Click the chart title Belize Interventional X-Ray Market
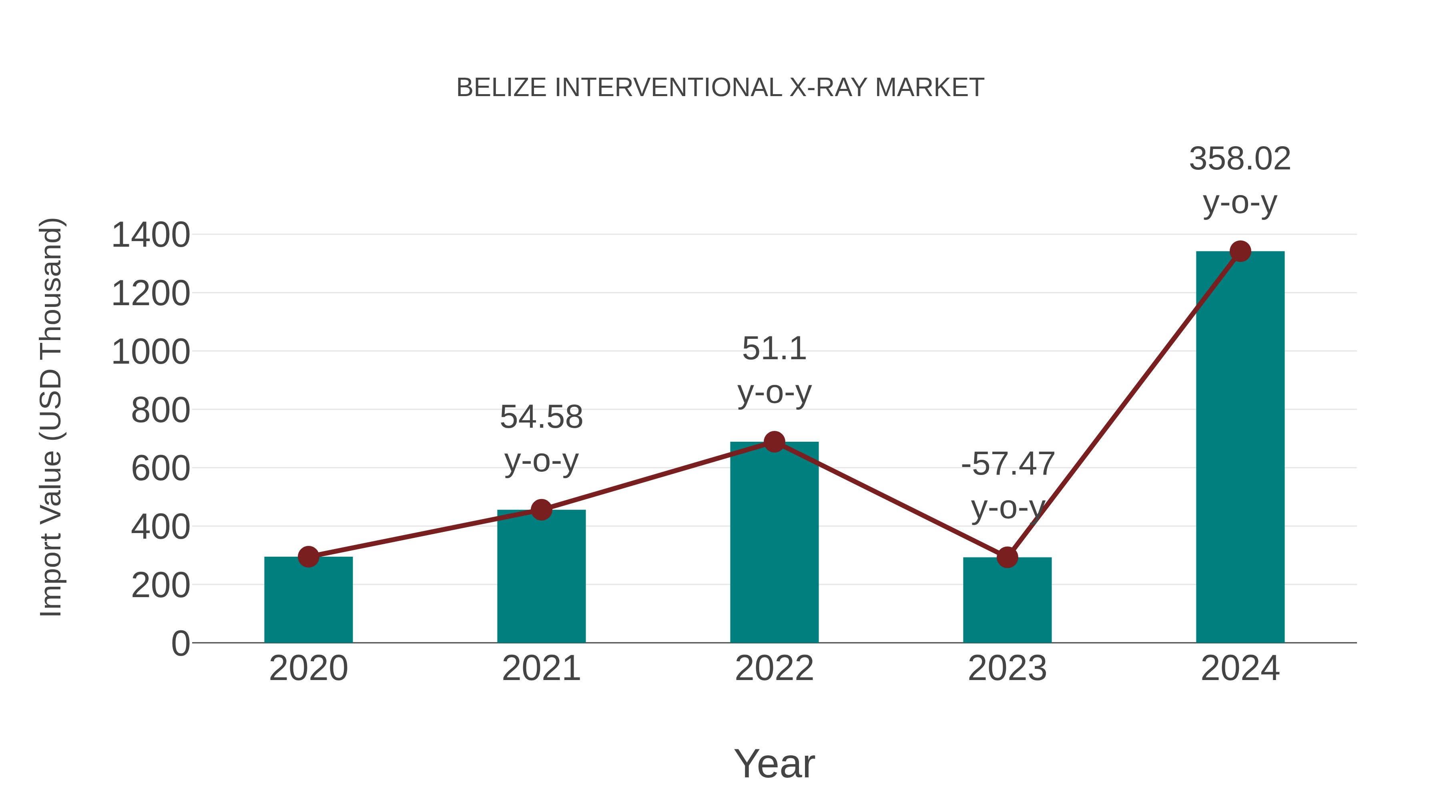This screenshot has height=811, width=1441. pos(720,88)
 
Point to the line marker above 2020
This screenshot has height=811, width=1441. pos(308,557)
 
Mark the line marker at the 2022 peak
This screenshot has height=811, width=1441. pos(774,442)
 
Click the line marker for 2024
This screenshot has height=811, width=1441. pos(1240,251)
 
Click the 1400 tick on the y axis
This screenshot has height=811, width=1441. pos(151,235)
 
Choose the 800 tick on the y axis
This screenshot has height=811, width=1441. pos(161,410)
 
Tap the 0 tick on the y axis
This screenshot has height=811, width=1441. pos(180,643)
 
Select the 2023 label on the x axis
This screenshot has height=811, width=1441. pos(1007,668)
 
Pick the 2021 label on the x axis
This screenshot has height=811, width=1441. pos(541,668)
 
